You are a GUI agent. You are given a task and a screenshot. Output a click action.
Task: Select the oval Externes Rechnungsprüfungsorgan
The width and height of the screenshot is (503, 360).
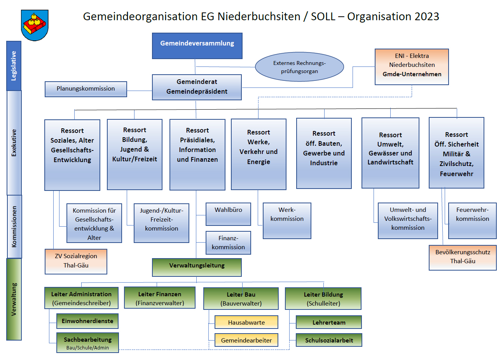point(299,67)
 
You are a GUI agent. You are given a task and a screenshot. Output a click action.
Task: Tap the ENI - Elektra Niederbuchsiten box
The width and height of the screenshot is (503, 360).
point(412,66)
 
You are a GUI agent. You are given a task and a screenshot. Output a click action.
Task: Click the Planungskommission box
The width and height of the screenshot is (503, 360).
point(86,89)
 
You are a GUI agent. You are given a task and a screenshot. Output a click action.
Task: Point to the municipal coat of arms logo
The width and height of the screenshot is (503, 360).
point(35,25)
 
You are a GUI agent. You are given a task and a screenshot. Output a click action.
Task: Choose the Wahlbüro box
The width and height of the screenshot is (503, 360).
point(228,214)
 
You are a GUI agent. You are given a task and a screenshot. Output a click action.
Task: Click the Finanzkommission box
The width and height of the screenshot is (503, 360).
point(228,243)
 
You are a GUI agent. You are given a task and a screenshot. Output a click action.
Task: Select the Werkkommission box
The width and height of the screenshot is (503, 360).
point(287,220)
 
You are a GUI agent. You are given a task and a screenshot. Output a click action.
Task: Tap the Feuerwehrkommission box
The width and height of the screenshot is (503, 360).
point(472,220)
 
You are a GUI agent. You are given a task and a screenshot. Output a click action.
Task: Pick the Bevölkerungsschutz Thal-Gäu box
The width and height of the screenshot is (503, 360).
point(463,257)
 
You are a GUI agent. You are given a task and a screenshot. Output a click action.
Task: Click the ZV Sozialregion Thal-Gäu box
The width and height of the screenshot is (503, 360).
point(76,261)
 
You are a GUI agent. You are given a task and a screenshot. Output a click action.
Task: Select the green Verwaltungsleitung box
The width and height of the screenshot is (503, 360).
point(197,267)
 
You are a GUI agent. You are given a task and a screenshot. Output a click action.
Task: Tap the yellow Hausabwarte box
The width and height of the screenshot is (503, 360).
point(246,322)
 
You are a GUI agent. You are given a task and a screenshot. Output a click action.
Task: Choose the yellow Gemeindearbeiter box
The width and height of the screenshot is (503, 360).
point(246,340)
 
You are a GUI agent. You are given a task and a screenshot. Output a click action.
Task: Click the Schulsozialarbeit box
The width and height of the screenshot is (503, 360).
point(329,340)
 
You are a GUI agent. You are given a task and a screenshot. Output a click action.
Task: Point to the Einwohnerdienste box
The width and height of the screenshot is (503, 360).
point(87,321)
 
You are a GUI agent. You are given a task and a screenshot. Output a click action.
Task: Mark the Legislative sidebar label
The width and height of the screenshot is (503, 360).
point(14,66)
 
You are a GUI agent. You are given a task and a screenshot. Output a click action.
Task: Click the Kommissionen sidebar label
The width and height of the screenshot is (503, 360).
point(14,226)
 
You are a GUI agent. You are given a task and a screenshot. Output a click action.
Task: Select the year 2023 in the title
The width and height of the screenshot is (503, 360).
point(427,17)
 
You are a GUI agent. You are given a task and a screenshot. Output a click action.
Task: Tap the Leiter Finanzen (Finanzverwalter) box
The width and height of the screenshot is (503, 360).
point(160,298)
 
